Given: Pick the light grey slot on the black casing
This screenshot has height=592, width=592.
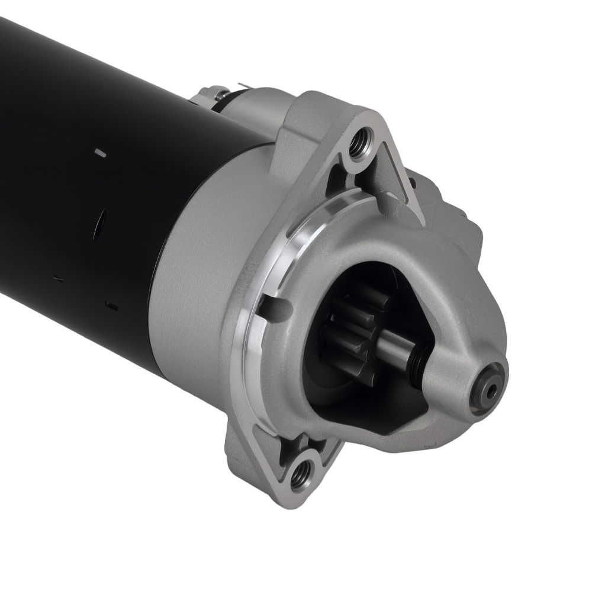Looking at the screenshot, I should click(101, 153).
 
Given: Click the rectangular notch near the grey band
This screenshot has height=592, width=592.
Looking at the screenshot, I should click(111, 305).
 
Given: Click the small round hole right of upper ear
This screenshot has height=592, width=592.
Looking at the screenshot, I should click(412, 182).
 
